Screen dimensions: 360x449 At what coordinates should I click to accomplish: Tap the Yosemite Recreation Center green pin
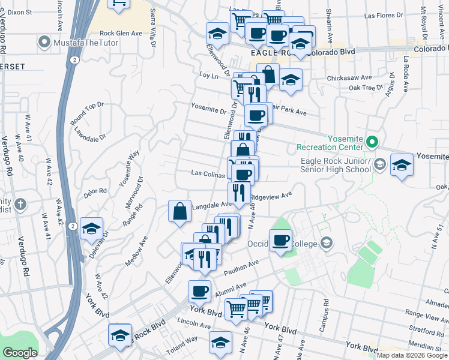tap(372, 142)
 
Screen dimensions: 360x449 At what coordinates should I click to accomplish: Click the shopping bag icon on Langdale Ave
tap(179, 212)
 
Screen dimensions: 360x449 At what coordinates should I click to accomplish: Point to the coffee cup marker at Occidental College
tap(280, 242)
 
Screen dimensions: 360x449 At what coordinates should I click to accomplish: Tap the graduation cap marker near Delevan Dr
tap(91, 229)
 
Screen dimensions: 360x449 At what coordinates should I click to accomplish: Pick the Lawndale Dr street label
tap(90, 135)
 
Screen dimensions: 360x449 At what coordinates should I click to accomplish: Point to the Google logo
tap(20, 353)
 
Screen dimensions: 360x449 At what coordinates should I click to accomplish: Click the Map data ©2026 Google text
tap(412, 355)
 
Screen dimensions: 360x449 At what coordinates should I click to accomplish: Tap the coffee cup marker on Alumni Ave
tap(199, 292)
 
